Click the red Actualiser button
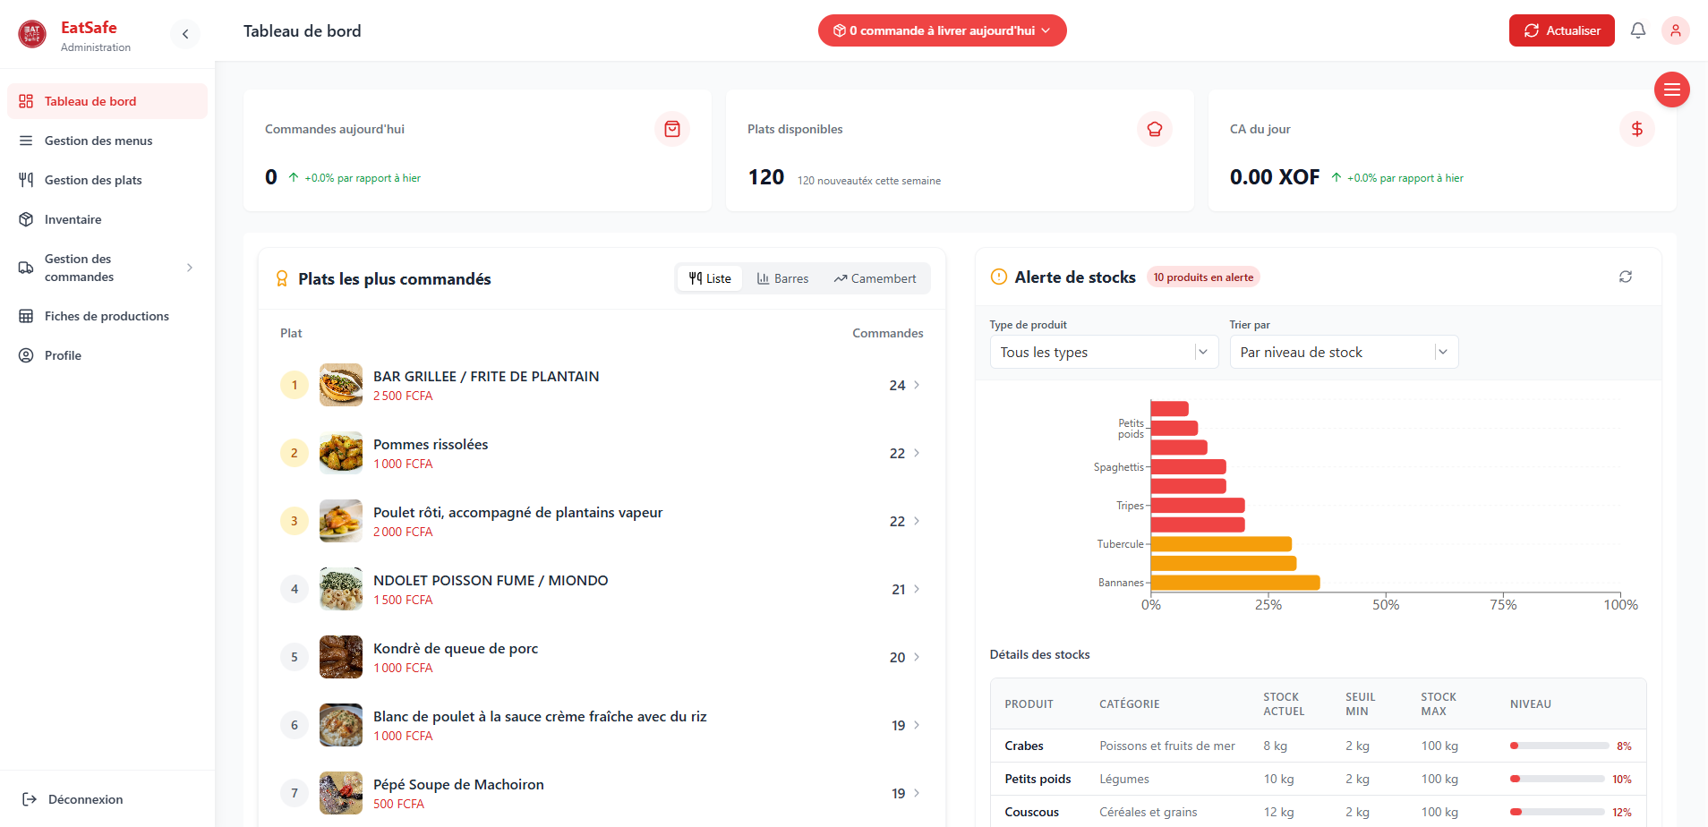[1561, 30]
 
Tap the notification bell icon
[1637, 30]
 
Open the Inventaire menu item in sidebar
[73, 219]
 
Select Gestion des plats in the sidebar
[93, 180]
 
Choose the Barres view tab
[782, 278]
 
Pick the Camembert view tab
[875, 278]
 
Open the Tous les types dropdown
[1103, 352]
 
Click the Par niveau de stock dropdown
[1343, 352]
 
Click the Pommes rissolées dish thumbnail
[341, 453]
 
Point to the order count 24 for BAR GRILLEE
[897, 385]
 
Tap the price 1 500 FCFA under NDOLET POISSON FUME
[403, 600]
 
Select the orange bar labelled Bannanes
[1234, 583]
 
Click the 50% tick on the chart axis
[1386, 605]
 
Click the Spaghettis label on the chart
[1118, 467]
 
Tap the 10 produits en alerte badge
[1203, 277]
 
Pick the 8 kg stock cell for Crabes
[1275, 746]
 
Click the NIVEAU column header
[1530, 704]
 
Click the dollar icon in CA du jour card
[1636, 129]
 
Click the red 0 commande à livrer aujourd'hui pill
[942, 30]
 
